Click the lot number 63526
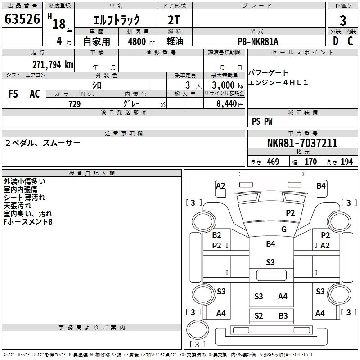22,20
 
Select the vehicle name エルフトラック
116,20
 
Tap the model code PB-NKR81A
258,41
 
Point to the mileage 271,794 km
53,64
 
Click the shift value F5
13,94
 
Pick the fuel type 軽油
175,41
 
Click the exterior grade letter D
335,41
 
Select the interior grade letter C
350,41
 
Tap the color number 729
74,104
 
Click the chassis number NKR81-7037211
302,144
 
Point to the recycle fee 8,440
227,104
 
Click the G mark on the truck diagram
284,229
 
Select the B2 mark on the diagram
217,235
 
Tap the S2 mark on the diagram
258,315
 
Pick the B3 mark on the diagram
283,315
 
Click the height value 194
347,162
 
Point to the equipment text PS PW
262,121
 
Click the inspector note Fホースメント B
28,222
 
